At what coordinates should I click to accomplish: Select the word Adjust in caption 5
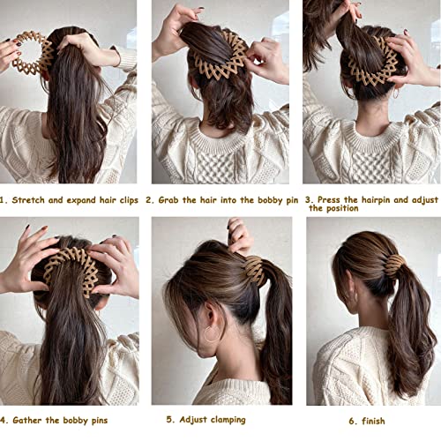point(190,419)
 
